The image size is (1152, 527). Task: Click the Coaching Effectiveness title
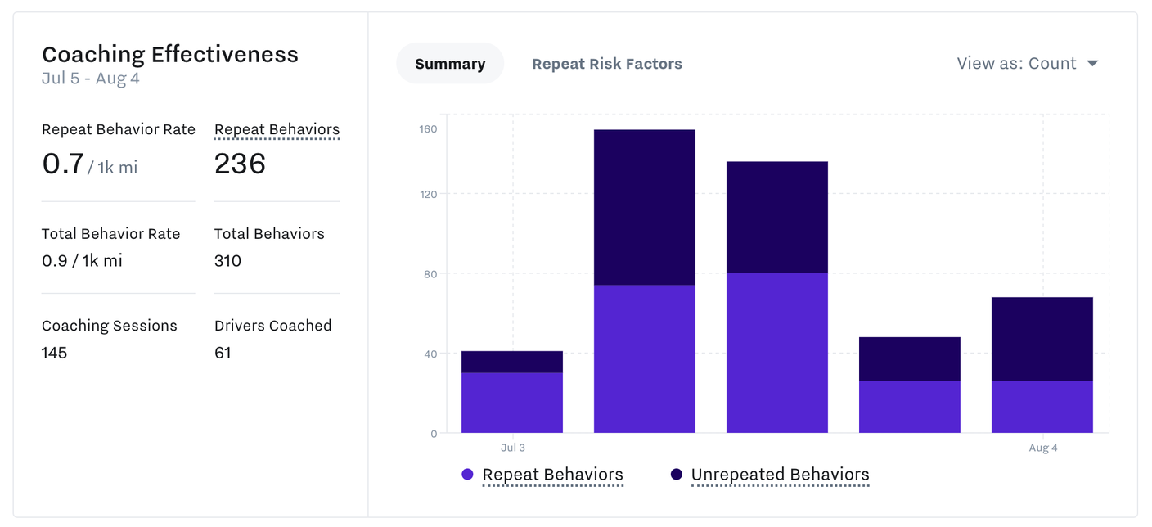pyautogui.click(x=170, y=54)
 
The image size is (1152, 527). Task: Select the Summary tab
pyautogui.click(x=450, y=64)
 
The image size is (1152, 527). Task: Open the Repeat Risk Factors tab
pyautogui.click(x=606, y=64)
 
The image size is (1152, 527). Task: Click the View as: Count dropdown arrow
pyautogui.click(x=1092, y=64)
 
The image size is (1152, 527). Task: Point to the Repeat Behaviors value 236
pyautogui.click(x=240, y=164)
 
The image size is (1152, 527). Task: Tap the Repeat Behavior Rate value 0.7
pyautogui.click(x=63, y=164)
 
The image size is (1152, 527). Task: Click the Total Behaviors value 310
pyautogui.click(x=227, y=261)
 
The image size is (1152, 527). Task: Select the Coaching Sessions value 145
pyautogui.click(x=54, y=353)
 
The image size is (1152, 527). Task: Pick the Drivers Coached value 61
pyautogui.click(x=223, y=353)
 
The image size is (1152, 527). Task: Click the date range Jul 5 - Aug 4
pyautogui.click(x=91, y=79)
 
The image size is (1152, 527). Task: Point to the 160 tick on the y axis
pyautogui.click(x=429, y=129)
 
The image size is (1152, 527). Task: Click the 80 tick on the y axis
pyautogui.click(x=430, y=274)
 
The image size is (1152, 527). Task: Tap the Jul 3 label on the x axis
pyautogui.click(x=512, y=448)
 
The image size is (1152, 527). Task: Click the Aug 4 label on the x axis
pyautogui.click(x=1042, y=448)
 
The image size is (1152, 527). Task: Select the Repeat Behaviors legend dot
pyautogui.click(x=467, y=475)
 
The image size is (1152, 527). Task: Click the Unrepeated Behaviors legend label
pyautogui.click(x=780, y=475)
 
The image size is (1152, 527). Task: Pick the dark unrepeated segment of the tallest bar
pyautogui.click(x=645, y=207)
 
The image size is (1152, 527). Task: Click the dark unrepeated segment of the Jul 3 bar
pyautogui.click(x=512, y=362)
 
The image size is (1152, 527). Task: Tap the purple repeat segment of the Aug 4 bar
pyautogui.click(x=1042, y=407)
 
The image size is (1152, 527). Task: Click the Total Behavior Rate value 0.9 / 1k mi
pyautogui.click(x=82, y=261)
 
